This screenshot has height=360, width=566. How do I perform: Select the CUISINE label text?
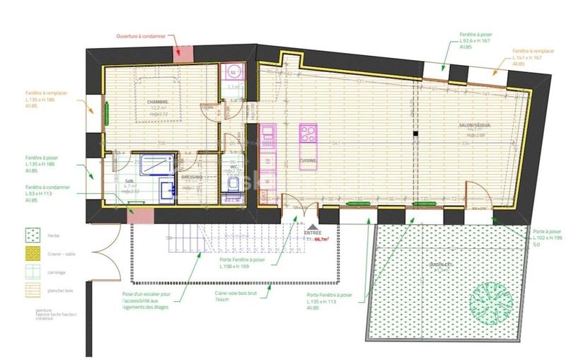click(x=308, y=161)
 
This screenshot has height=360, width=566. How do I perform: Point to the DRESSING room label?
click(x=192, y=177)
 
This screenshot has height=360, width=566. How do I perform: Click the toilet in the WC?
click(x=233, y=185)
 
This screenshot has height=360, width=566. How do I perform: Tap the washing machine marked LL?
click(x=233, y=72)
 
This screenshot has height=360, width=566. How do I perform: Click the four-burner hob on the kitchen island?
click(x=308, y=134)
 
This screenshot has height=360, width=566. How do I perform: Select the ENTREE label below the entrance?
click(x=312, y=232)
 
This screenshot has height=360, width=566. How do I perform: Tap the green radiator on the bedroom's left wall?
click(x=108, y=112)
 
